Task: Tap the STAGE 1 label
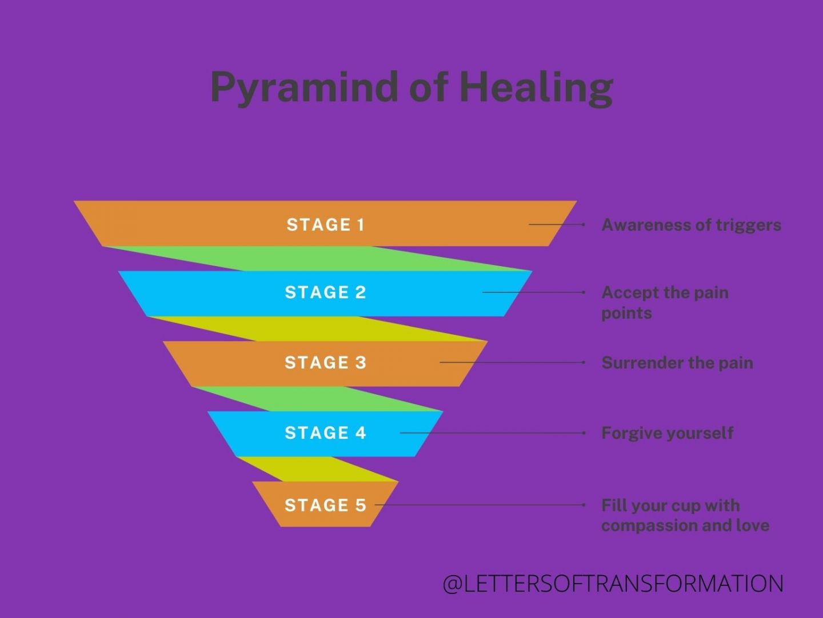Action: click(x=325, y=224)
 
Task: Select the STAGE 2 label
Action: click(x=325, y=292)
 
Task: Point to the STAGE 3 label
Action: click(x=325, y=363)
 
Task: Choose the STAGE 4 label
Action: click(x=325, y=433)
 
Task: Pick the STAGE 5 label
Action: click(x=325, y=505)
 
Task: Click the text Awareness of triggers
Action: click(x=691, y=225)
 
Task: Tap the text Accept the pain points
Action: click(x=665, y=303)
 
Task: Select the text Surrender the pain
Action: click(x=677, y=363)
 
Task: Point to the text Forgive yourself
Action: click(x=667, y=433)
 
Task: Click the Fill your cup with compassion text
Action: click(x=685, y=515)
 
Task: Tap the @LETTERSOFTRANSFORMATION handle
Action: click(x=613, y=584)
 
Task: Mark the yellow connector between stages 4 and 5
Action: click(x=320, y=469)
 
